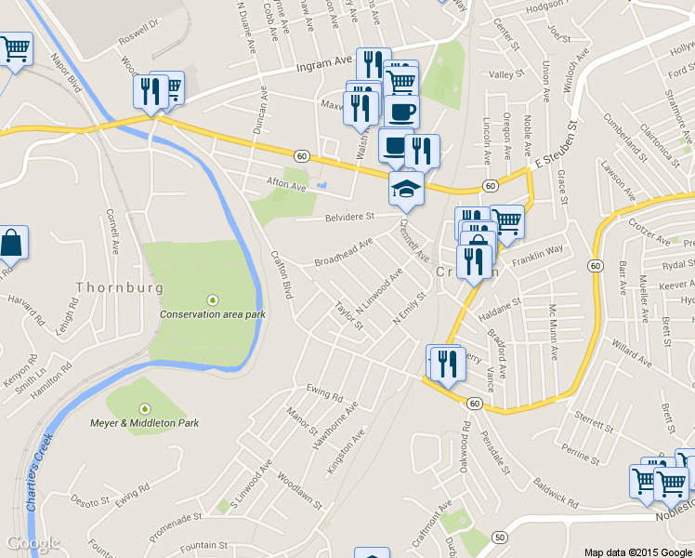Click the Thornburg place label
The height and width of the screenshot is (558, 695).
119,287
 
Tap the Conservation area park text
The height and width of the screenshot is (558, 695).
212,314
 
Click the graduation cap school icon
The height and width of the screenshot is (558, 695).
406,189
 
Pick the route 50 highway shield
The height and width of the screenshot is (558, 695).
500,538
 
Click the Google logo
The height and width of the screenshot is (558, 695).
33,543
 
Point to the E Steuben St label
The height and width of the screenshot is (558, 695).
556,145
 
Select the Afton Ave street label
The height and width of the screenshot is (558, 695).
285,185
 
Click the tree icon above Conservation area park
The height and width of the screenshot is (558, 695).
213,300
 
